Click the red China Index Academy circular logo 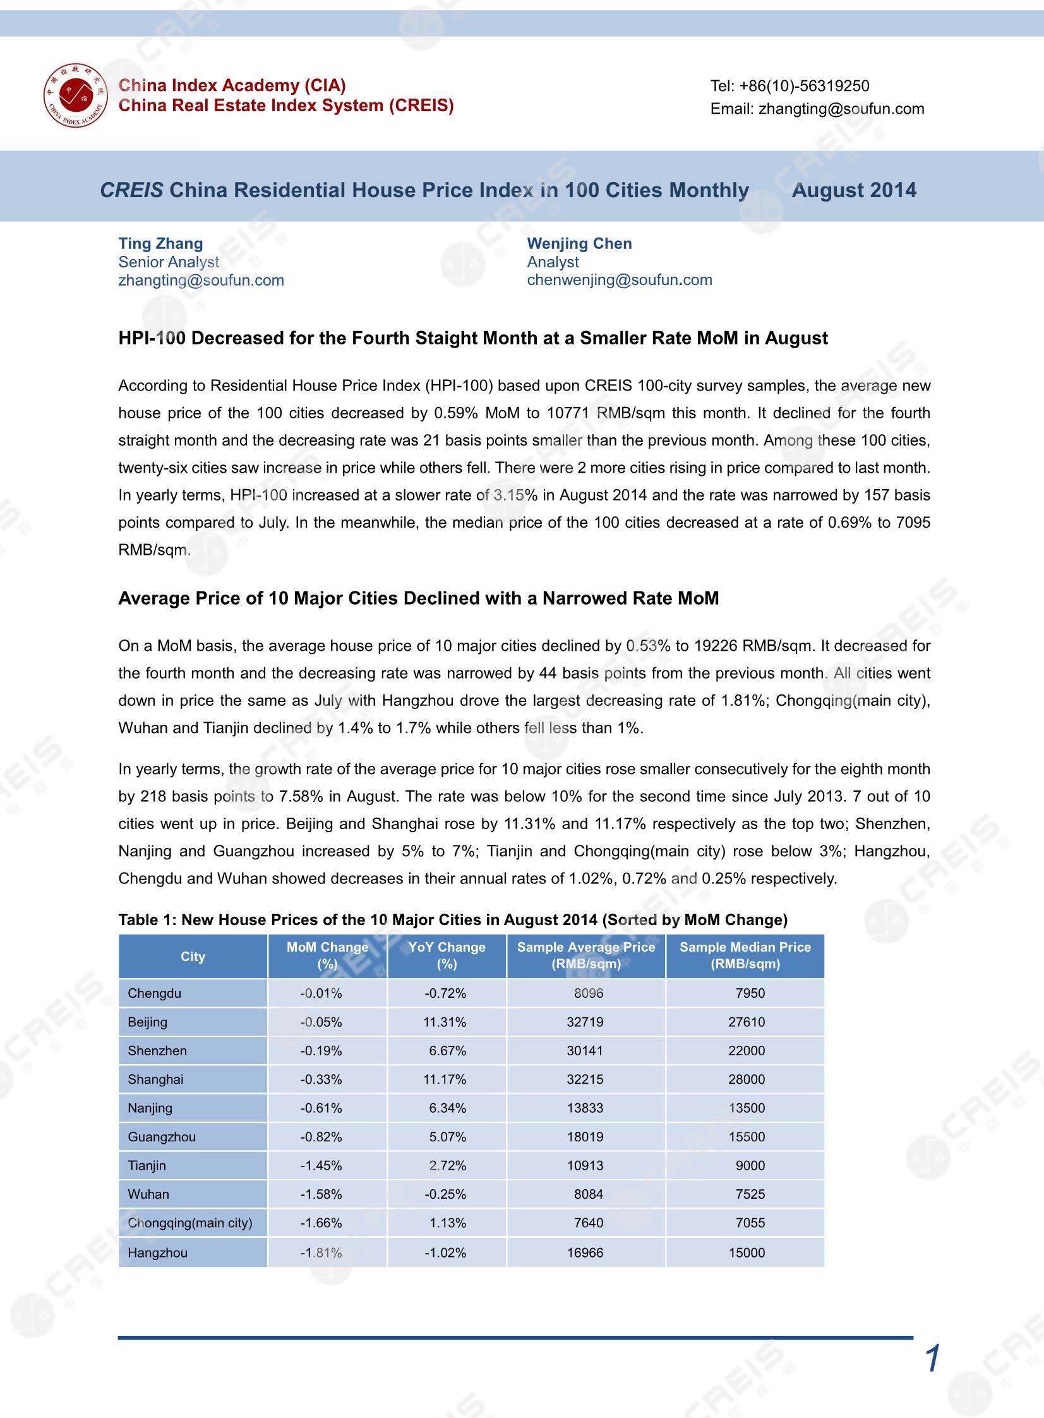(x=75, y=95)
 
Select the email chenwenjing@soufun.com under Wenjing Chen (x=620, y=280)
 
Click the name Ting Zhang (x=160, y=243)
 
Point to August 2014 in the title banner (x=854, y=190)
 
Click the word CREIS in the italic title (x=131, y=190)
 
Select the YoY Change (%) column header (x=447, y=955)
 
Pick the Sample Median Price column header (x=745, y=955)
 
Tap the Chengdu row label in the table (x=154, y=993)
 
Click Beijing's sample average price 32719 (x=585, y=1022)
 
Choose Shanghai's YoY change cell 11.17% (x=445, y=1079)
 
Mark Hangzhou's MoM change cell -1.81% (x=321, y=1252)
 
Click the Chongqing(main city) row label (x=189, y=1223)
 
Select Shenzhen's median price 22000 (x=747, y=1051)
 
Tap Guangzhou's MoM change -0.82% (x=321, y=1137)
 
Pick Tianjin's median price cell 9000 (x=750, y=1165)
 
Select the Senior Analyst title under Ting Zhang (x=169, y=262)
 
